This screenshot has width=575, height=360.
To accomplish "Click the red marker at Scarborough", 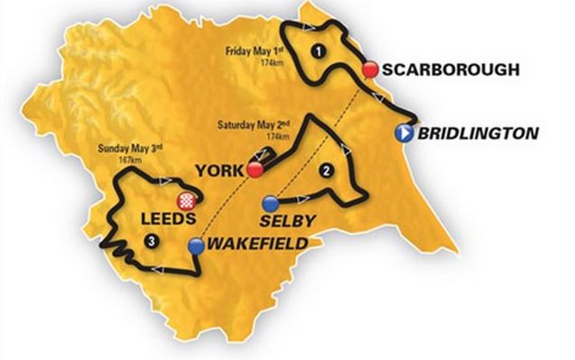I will (x=368, y=69).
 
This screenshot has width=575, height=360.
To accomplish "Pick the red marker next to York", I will (x=255, y=169).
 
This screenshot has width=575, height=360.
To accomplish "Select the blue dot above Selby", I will (x=268, y=201).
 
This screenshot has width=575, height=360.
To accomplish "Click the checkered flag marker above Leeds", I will (x=188, y=201).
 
